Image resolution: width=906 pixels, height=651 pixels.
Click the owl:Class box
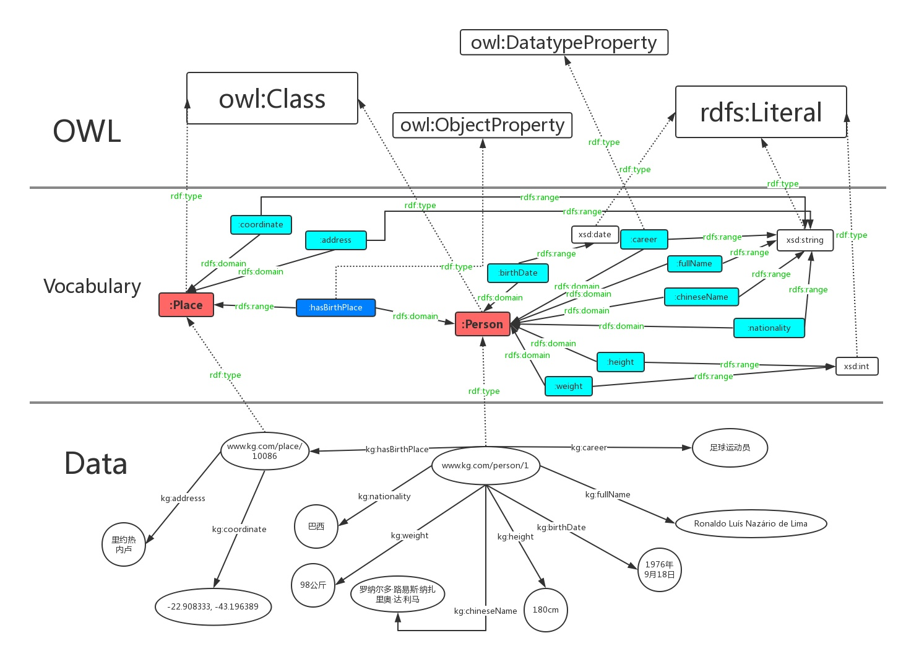coord(272,98)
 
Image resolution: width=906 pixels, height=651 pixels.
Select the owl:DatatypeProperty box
coord(564,42)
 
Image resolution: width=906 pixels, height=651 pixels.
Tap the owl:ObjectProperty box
coord(482,125)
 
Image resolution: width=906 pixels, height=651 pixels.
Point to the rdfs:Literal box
coord(761,112)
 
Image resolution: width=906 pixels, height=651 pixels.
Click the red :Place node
coord(186,305)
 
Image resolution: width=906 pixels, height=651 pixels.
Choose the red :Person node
coord(483,324)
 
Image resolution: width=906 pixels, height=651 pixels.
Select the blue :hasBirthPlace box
coord(335,307)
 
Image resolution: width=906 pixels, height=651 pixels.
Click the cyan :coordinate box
coord(261,224)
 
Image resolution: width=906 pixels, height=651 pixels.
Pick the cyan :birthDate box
coord(518,273)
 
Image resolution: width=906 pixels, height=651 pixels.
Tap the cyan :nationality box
coord(769,328)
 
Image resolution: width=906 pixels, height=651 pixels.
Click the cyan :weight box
coord(569,386)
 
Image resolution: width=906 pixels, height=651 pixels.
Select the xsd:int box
coord(856,366)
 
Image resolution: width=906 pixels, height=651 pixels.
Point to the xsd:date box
coord(595,234)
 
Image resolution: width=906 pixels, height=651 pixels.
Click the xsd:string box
coord(805,240)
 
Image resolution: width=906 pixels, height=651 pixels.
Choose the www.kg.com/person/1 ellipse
coord(485,466)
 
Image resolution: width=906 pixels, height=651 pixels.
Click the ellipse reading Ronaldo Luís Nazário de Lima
coord(751,523)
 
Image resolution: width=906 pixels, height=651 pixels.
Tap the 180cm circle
coord(545,609)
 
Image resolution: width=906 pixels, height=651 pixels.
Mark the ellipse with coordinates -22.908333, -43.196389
coord(213,606)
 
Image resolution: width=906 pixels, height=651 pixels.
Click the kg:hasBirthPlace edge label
coord(397,449)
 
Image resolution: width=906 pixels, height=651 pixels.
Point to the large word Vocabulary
coord(92,286)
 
